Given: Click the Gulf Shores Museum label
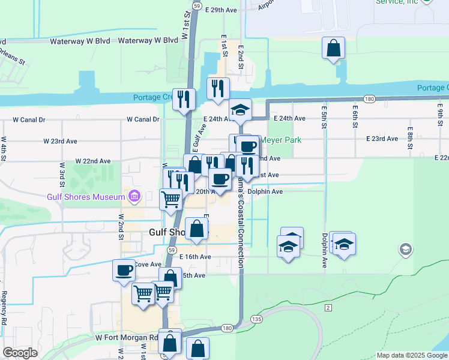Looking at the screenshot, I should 85,196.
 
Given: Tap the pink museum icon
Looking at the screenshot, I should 133,196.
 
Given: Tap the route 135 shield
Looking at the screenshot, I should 257,318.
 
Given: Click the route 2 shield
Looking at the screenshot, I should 328,308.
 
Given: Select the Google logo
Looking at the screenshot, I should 20,353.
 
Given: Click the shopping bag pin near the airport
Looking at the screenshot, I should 333,49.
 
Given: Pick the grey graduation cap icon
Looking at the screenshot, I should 406,250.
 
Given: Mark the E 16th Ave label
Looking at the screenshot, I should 195,256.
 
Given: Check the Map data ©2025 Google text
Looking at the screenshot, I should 412,355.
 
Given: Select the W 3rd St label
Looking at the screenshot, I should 62,173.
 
